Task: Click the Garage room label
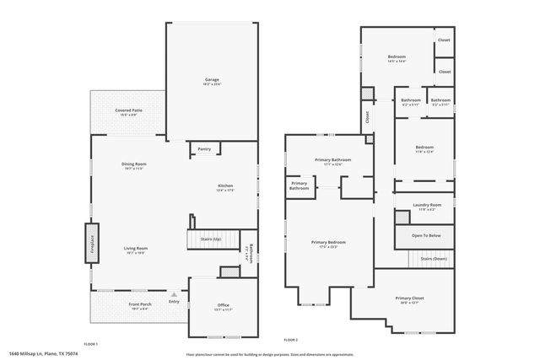(x=212, y=80)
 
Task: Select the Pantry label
(x=204, y=148)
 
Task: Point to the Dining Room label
(x=134, y=164)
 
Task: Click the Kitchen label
(x=225, y=185)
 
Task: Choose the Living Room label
(x=136, y=248)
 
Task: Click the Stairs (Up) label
(x=211, y=240)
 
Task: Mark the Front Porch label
(x=139, y=304)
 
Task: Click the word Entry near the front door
(x=174, y=301)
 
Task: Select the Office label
(x=224, y=305)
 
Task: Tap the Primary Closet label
(x=408, y=298)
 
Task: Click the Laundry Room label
(x=427, y=205)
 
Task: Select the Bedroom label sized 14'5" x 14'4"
(x=397, y=56)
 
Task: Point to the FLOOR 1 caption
(x=91, y=343)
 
